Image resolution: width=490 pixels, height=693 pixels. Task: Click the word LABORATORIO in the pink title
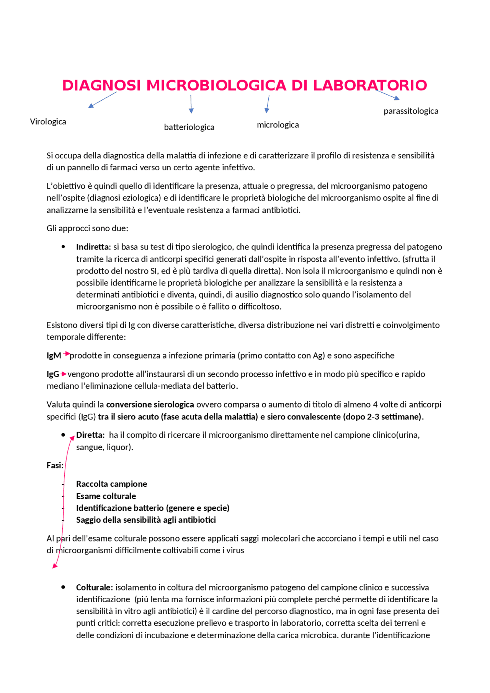point(370,85)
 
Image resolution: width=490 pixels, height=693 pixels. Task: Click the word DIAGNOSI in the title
point(101,85)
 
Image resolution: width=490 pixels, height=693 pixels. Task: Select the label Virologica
point(48,122)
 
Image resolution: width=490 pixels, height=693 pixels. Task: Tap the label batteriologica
point(189,127)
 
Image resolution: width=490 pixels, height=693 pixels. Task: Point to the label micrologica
point(278,125)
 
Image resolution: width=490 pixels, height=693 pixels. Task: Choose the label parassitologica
point(411,111)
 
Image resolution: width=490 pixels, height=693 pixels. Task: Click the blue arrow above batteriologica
point(191,104)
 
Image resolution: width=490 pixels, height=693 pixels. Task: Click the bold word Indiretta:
point(93,247)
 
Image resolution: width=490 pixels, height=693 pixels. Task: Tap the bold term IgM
point(54,355)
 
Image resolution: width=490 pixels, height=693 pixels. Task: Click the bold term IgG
point(53,374)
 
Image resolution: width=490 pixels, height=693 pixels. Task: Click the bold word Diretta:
point(90,435)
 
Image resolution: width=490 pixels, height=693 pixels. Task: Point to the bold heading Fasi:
point(55,465)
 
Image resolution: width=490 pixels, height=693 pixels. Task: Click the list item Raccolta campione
point(111,484)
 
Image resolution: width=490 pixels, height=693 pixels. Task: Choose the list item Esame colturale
point(106,496)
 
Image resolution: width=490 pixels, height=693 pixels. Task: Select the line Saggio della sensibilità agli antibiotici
point(146,520)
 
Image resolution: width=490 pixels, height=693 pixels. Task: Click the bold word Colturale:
point(94,587)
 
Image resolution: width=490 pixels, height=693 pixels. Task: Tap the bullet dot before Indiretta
point(63,247)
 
